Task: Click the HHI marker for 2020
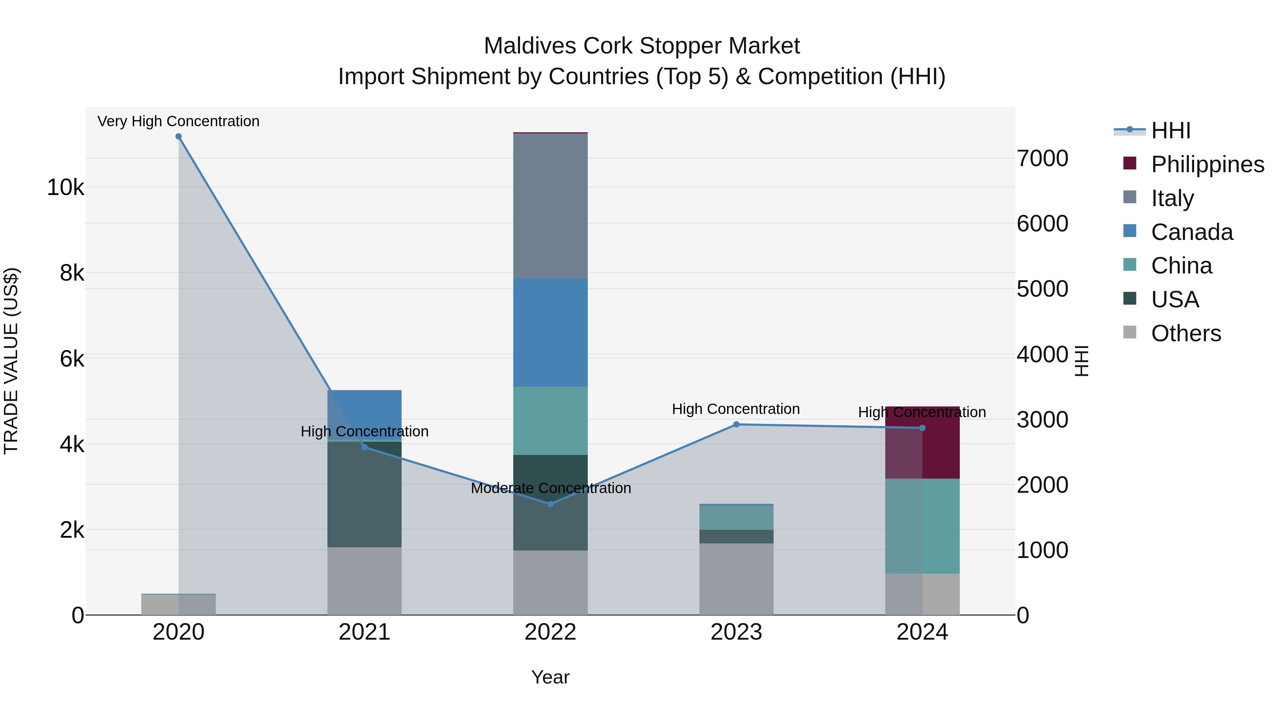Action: [x=178, y=137]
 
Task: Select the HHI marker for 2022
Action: [x=550, y=504]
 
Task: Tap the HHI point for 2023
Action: [x=736, y=425]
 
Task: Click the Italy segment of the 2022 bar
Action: [x=550, y=206]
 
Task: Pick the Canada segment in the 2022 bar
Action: [x=550, y=332]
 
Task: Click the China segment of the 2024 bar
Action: [x=922, y=526]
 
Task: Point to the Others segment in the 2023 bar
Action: [x=736, y=579]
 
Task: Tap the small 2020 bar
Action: [x=178, y=604]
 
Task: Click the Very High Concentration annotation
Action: [x=178, y=121]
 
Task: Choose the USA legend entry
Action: [x=1175, y=299]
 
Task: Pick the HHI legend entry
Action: [x=1170, y=130]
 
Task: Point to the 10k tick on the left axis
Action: [x=65, y=188]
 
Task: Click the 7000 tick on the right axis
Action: [x=1042, y=158]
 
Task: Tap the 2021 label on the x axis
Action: [x=365, y=632]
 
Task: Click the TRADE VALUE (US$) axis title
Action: [x=11, y=361]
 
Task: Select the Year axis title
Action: [x=550, y=677]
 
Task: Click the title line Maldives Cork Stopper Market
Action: [x=642, y=46]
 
